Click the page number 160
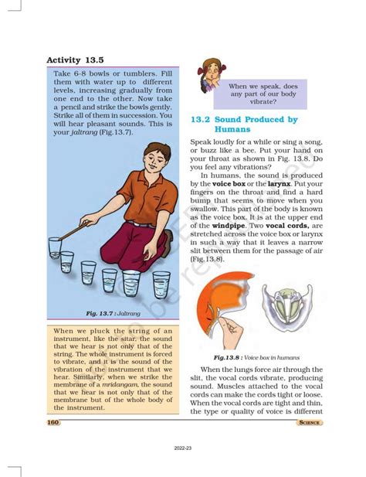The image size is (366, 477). (x=53, y=422)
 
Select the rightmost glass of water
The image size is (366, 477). (x=161, y=284)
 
